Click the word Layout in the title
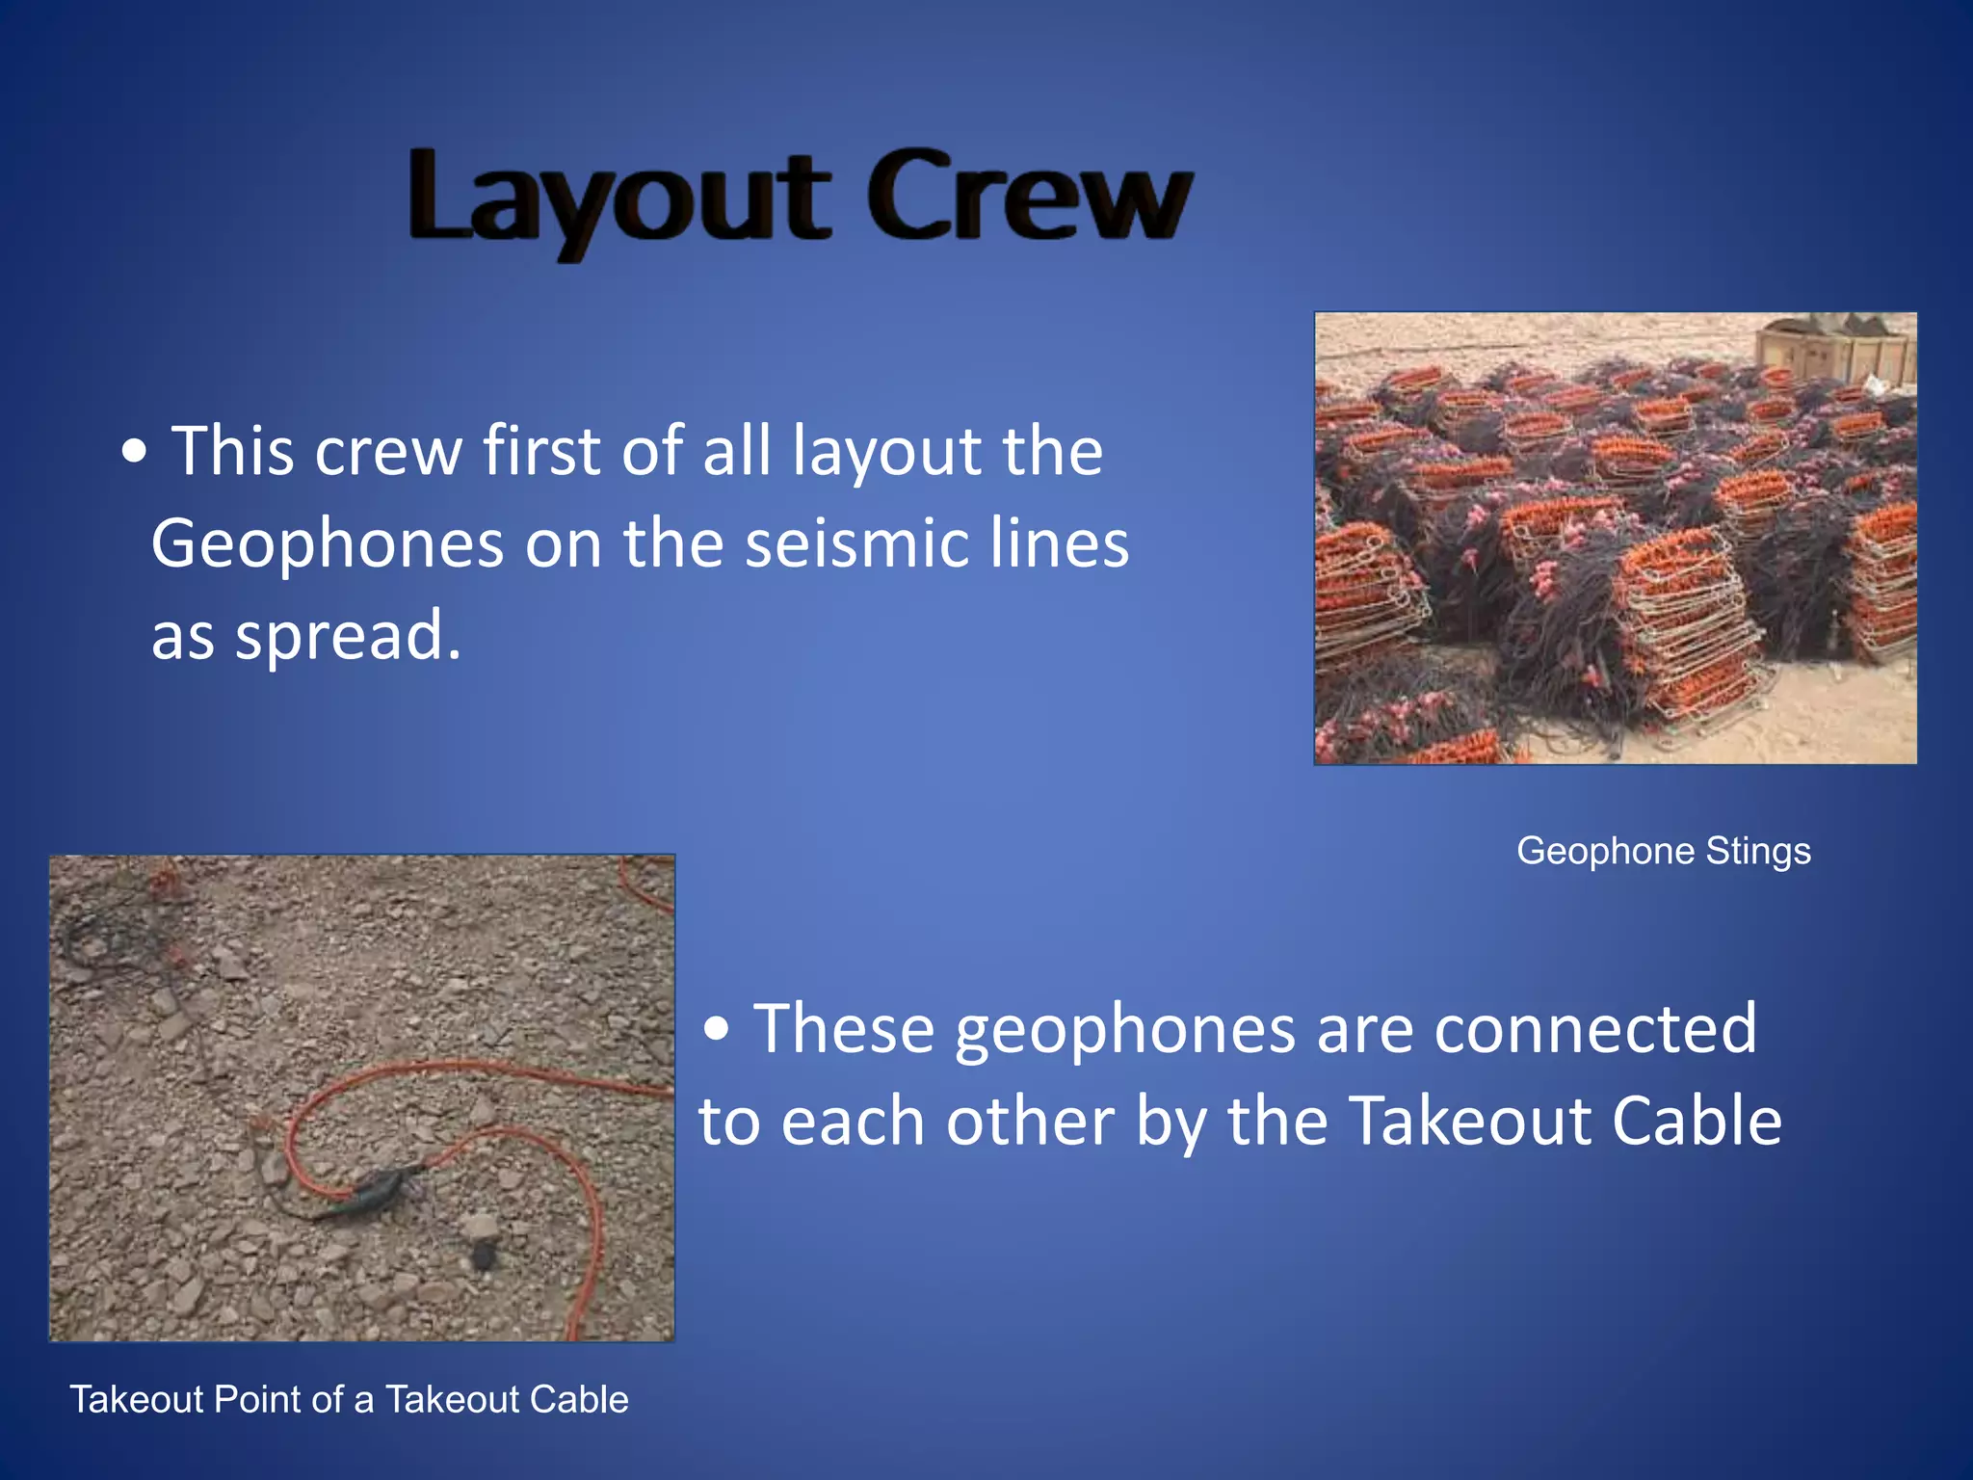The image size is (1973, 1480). coord(618,198)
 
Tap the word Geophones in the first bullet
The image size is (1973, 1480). coord(328,544)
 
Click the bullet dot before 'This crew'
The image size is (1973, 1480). coord(135,453)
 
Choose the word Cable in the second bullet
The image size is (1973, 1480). coord(1697,1122)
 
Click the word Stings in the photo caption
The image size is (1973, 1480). coord(1758,851)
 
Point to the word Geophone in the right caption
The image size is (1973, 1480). coord(1605,851)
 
